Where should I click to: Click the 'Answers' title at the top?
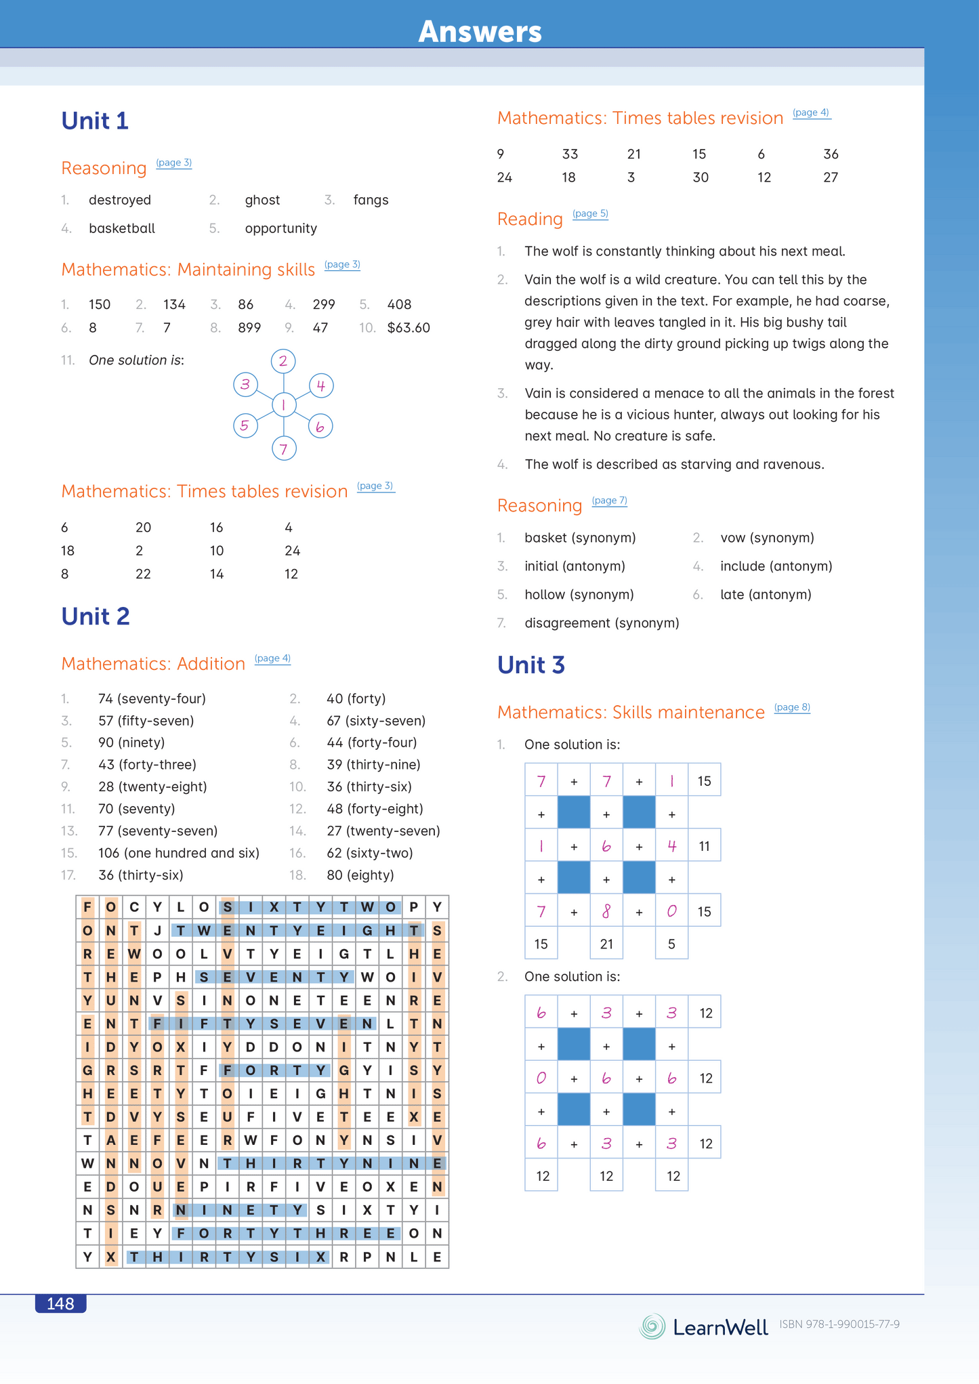tap(480, 31)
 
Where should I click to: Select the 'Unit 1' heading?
tap(95, 121)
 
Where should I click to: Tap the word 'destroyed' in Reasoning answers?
tap(120, 200)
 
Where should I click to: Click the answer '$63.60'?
tap(409, 328)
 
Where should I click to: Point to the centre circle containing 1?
tap(284, 405)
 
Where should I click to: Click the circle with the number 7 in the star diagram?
tap(284, 448)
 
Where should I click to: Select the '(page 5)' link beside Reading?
tap(590, 213)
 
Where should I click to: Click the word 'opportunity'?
tap(280, 228)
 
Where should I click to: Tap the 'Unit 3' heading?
tap(531, 665)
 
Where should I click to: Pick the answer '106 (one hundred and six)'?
tap(179, 853)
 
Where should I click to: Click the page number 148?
tap(60, 1303)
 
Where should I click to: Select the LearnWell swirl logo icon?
tap(652, 1326)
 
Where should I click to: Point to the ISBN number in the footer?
tap(839, 1324)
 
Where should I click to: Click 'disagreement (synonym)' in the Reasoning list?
tap(602, 623)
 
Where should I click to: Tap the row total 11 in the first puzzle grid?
tap(705, 846)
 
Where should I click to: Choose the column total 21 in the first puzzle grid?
tap(606, 944)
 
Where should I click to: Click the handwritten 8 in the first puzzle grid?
tap(606, 912)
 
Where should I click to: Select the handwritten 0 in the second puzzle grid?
tap(541, 1078)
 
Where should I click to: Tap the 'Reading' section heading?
tap(530, 219)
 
